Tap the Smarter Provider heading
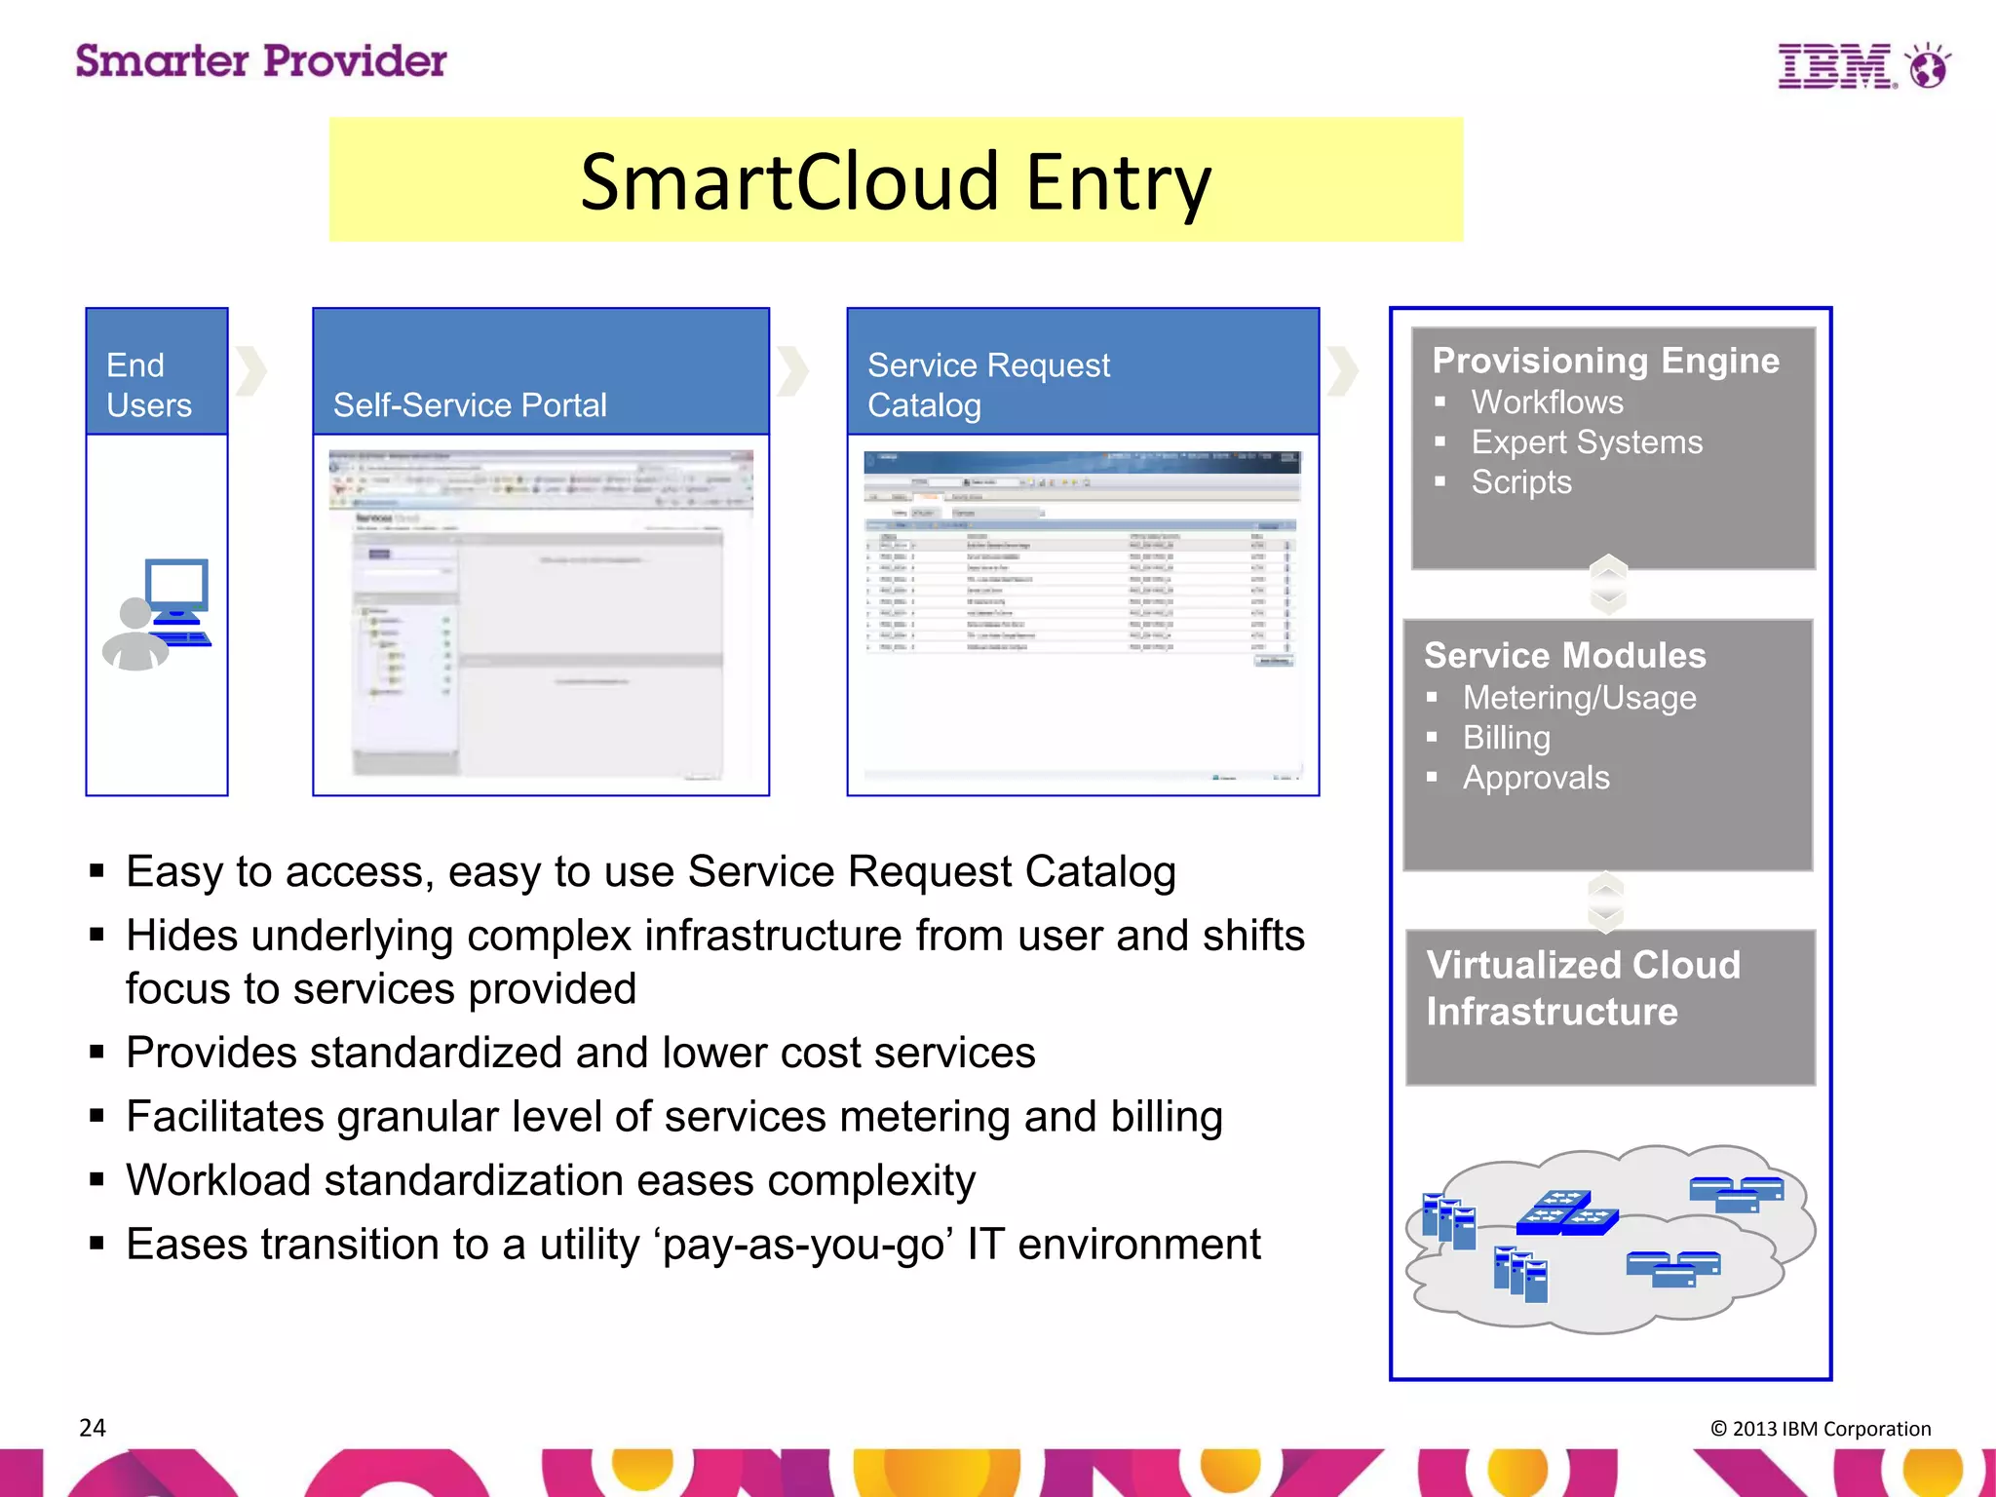point(261,61)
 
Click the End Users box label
point(149,385)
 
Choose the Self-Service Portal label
point(470,405)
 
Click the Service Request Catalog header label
point(987,385)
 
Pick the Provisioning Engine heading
point(1605,361)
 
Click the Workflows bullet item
point(1547,403)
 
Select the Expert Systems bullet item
point(1586,442)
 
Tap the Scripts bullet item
point(1520,482)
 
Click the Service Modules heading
point(1564,656)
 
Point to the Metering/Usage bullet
point(1579,698)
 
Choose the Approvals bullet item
point(1536,778)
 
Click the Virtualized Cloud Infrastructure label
point(1582,988)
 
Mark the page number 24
point(93,1428)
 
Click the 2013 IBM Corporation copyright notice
point(1820,1429)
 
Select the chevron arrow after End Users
point(251,371)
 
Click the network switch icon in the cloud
point(1567,1213)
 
